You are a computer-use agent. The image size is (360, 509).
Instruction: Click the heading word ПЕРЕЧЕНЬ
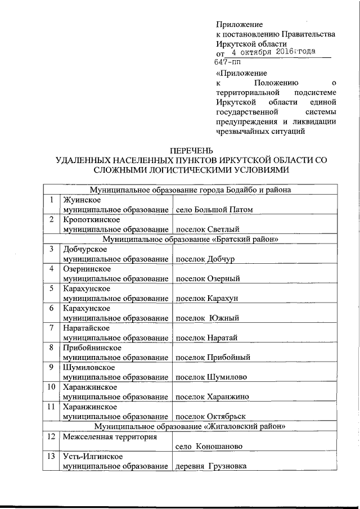point(192,150)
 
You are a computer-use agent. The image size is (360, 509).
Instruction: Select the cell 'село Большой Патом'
point(214,210)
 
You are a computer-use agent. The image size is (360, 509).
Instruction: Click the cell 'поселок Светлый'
point(208,229)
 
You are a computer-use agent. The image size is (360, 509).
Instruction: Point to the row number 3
point(51,249)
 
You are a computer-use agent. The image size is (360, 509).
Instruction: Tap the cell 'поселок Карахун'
point(208,298)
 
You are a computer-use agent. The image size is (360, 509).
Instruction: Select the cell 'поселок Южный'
point(208,318)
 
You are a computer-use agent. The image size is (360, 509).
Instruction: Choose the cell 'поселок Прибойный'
point(213,357)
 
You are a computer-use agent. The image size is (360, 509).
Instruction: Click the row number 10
point(51,387)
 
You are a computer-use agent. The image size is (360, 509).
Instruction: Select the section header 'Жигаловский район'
point(192,426)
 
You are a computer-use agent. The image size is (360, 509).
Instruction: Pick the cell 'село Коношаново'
point(209,446)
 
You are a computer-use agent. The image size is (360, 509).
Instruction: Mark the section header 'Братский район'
point(192,239)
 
